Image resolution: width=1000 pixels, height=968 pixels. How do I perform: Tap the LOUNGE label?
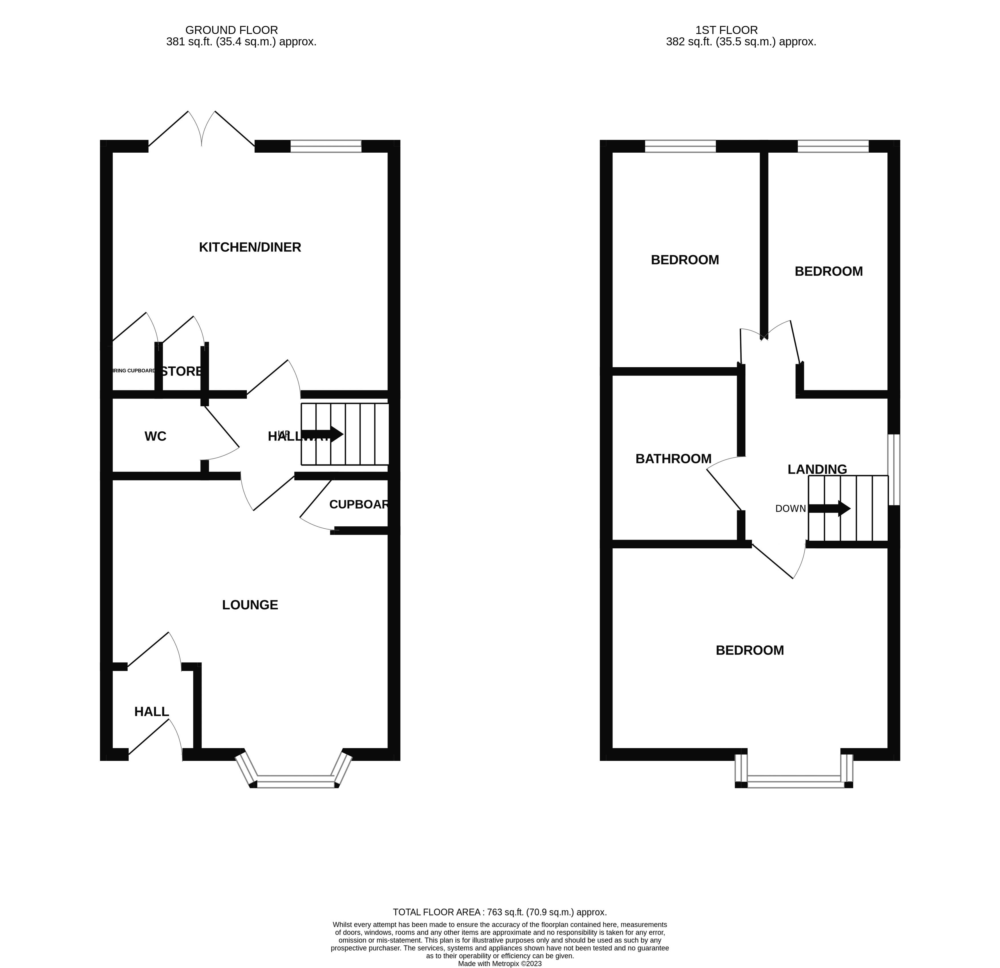250,605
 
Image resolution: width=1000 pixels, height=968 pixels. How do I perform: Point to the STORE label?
182,371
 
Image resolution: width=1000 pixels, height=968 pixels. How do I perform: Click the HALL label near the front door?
151,712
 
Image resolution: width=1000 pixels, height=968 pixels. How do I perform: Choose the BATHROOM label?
674,459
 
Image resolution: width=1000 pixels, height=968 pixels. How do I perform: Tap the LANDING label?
817,469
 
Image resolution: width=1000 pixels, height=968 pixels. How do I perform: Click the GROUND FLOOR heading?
232,30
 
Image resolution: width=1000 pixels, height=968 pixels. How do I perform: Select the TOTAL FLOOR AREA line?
500,912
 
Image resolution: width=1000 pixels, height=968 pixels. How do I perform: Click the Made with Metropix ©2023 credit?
500,963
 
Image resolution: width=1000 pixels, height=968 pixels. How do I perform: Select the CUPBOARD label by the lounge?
359,504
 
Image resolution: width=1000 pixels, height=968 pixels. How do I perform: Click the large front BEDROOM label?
749,650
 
